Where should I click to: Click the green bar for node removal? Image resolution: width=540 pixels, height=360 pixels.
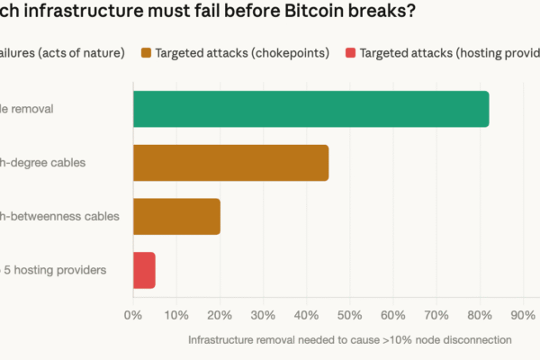pos(310,109)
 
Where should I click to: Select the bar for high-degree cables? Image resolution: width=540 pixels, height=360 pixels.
pos(230,163)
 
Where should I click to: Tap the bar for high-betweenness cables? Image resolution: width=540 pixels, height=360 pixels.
pos(176,217)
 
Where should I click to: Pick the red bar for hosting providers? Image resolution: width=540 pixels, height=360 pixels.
pos(144,270)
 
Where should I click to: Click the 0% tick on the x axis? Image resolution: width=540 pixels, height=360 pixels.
pos(133,315)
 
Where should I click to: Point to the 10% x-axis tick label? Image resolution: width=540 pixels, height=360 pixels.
pos(176,315)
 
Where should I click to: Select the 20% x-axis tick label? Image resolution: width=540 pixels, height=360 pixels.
pos(220,315)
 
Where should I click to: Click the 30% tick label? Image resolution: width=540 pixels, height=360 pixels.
pos(263,315)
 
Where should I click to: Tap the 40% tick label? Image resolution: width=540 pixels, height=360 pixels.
pos(306,315)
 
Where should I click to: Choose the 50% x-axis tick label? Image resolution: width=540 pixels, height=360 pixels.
pos(350,315)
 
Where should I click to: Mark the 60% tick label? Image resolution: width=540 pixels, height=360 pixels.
pos(393,315)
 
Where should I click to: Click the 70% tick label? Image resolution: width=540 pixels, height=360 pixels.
pos(436,315)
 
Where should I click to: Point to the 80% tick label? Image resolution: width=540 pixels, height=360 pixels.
pos(480,315)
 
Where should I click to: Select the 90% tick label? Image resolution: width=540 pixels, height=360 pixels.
pos(523,315)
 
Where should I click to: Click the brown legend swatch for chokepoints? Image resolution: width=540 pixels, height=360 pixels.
pos(146,53)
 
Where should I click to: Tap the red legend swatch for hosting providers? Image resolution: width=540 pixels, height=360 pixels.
pos(350,53)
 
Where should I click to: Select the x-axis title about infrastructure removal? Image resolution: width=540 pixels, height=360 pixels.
pos(350,340)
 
